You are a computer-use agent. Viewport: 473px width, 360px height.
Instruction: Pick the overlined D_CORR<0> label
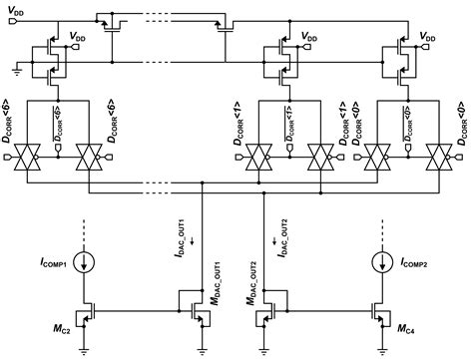410,124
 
